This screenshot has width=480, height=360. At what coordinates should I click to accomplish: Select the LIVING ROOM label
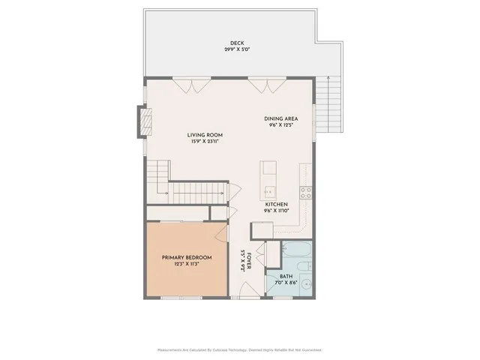click(205, 135)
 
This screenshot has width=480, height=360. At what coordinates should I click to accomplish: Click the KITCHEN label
click(276, 204)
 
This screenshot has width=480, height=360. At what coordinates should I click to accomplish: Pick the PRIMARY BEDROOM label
click(187, 257)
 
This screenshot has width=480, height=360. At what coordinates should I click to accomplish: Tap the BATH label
click(286, 275)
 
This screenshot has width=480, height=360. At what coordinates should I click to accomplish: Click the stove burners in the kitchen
click(306, 192)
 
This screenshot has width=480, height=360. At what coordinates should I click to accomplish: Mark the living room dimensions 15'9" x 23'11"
click(205, 142)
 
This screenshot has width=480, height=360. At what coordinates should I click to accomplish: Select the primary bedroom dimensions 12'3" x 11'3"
click(187, 264)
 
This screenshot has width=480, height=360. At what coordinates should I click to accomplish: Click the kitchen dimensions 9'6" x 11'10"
click(276, 211)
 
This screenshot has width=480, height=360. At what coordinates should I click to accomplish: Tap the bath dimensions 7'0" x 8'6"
click(286, 282)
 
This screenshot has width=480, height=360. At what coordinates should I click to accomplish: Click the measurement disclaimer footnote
click(239, 349)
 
